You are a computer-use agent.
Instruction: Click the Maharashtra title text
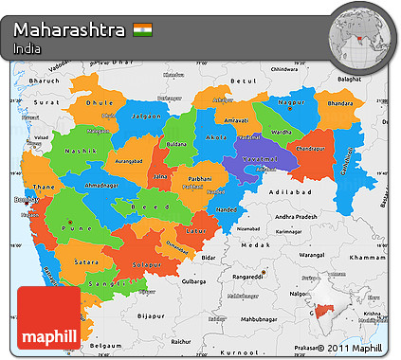click(69, 29)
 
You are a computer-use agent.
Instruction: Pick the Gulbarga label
click(194, 281)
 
